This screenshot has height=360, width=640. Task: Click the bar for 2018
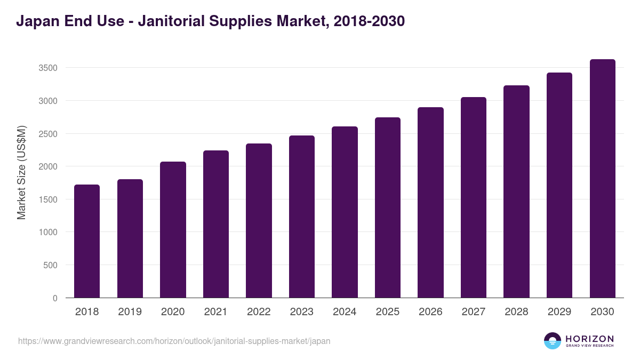[87, 241]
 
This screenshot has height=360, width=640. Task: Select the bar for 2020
[173, 229]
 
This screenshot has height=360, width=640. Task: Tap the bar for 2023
[302, 217]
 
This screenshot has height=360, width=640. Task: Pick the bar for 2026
[430, 203]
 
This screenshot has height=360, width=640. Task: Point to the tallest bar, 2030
[602, 179]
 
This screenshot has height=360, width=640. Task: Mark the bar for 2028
[516, 191]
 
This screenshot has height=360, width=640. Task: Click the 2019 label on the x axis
[130, 312]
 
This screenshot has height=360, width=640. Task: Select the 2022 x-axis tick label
[259, 312]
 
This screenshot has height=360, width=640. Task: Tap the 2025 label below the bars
[388, 312]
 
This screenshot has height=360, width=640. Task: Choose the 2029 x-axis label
[559, 312]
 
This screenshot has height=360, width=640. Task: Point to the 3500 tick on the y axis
[47, 68]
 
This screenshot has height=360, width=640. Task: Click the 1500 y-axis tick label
[47, 199]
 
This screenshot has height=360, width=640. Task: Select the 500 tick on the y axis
[50, 265]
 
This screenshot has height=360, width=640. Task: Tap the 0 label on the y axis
[55, 298]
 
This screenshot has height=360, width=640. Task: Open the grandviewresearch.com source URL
[174, 341]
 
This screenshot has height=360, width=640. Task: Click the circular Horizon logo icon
[553, 341]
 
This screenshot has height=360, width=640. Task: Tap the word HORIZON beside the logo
[589, 338]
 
